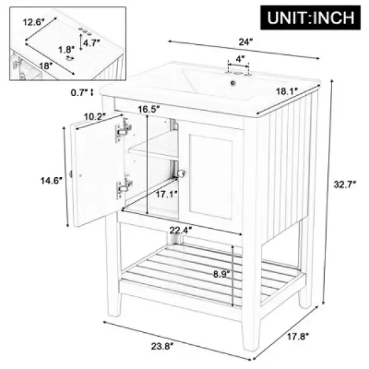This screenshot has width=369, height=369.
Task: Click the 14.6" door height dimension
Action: (50, 179)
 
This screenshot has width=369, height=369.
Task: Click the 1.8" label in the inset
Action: (66, 49)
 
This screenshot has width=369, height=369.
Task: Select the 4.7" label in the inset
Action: (93, 44)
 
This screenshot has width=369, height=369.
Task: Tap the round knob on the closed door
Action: (180, 172)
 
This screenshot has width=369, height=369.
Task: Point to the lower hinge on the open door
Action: (121, 189)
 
